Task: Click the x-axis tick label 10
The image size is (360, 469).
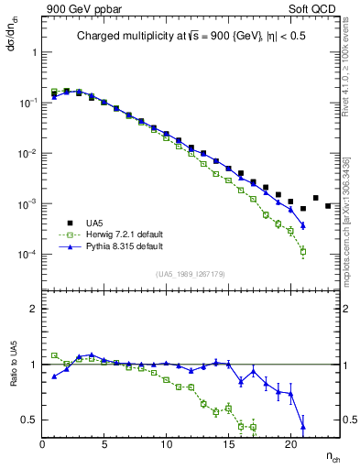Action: click(167, 445)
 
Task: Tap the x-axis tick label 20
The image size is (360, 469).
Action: click(290, 445)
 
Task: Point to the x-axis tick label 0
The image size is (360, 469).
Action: click(43, 445)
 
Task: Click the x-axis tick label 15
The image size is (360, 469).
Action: click(228, 445)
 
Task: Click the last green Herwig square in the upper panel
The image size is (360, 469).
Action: click(303, 251)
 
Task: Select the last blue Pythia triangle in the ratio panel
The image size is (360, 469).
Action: click(303, 426)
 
